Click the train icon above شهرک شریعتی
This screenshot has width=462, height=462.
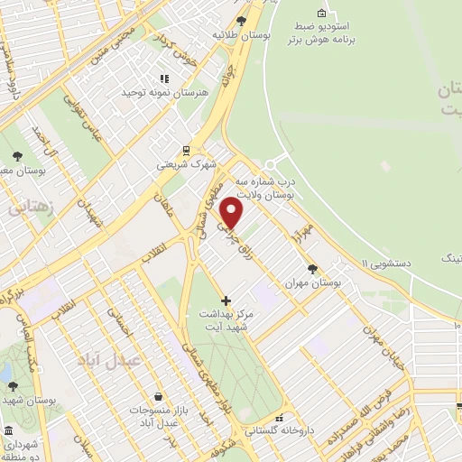[186, 150]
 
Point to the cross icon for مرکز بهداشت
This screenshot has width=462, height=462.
[226, 299]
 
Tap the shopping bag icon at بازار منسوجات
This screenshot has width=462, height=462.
[159, 395]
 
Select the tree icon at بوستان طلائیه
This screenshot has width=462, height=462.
[240, 21]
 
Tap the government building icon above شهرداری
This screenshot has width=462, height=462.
[8, 430]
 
